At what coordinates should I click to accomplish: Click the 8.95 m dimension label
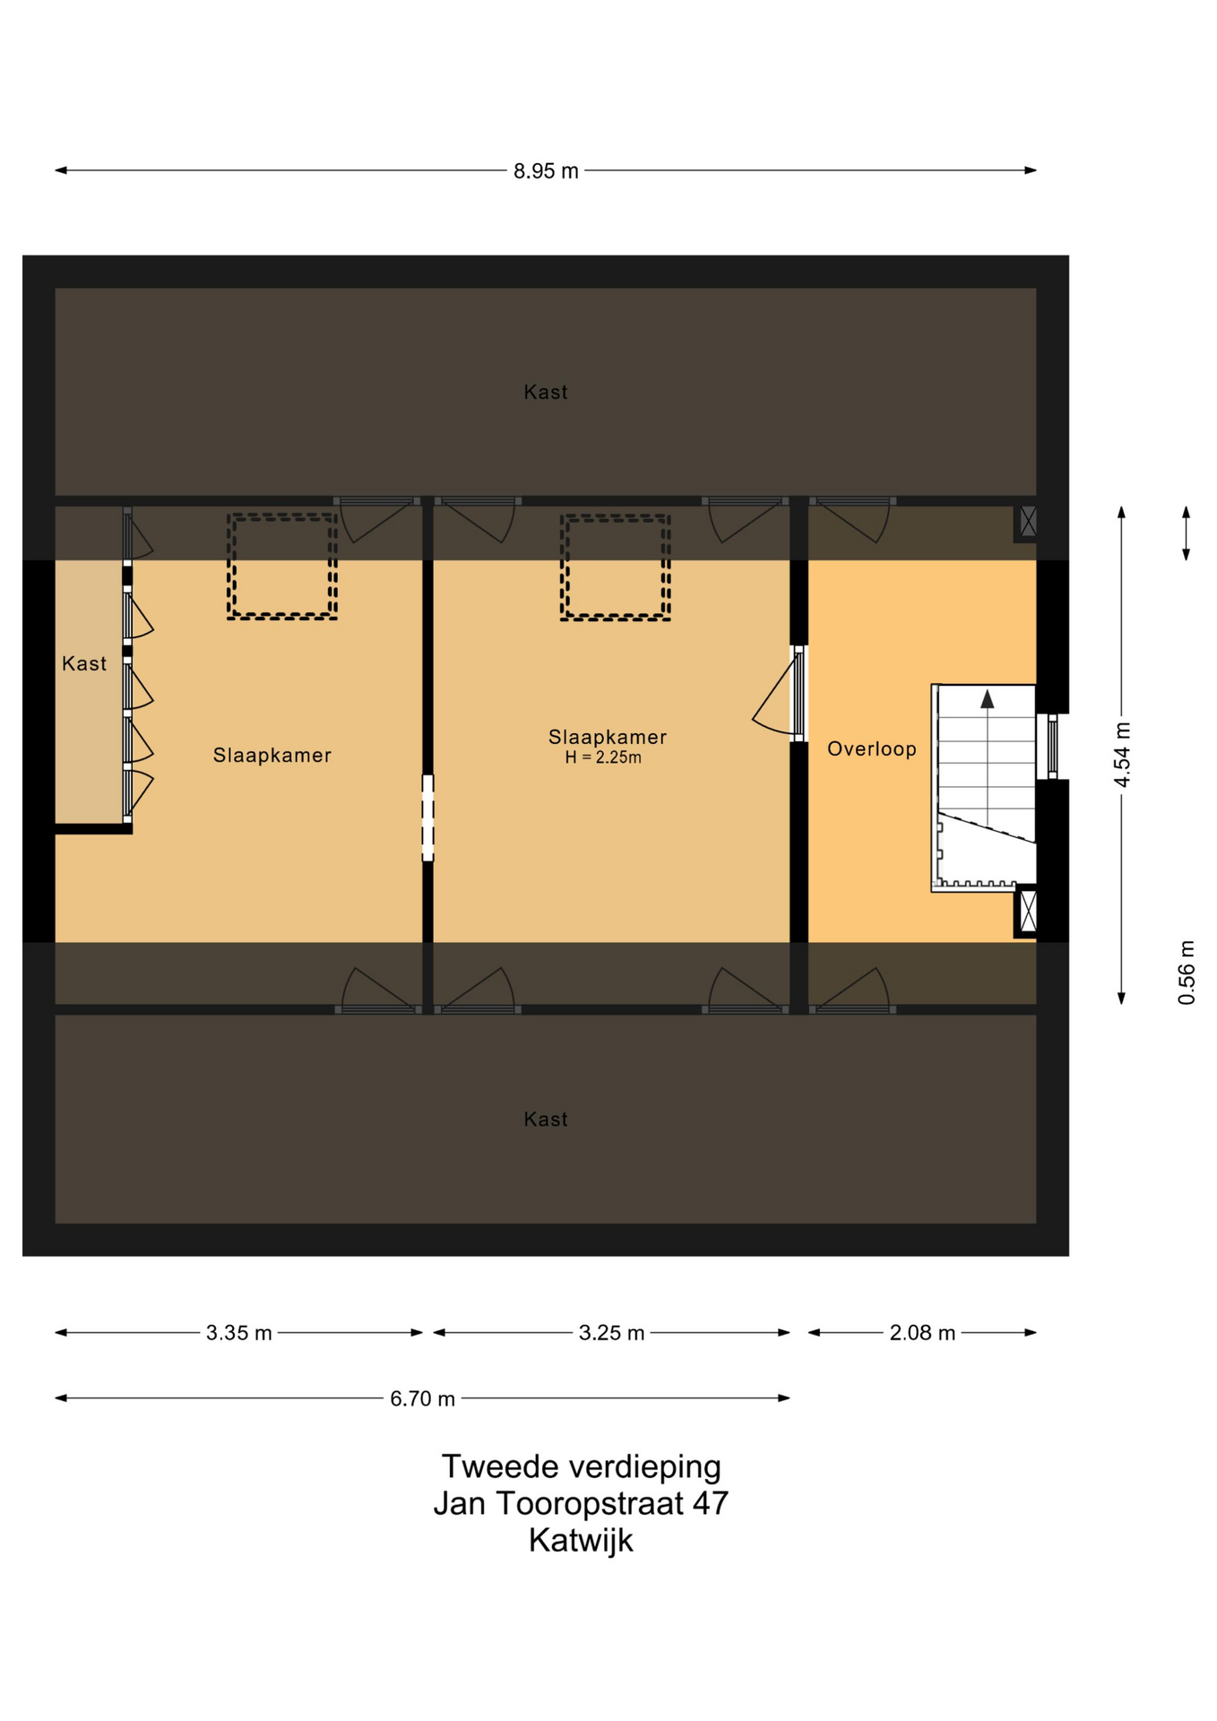tap(546, 171)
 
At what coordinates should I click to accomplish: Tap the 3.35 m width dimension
tap(238, 1333)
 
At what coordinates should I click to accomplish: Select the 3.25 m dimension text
tap(611, 1333)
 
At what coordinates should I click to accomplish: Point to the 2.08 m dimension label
tap(922, 1333)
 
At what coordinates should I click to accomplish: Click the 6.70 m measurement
tap(422, 1398)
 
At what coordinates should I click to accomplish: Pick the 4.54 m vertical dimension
tap(1122, 755)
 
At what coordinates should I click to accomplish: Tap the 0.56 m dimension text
tap(1187, 973)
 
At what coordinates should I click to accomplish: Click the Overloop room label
tap(872, 749)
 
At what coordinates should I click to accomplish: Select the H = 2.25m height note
tap(603, 757)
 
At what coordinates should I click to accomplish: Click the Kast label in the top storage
tap(546, 392)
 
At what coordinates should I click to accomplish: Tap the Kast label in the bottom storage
tap(546, 1119)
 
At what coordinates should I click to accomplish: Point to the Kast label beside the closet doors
tap(84, 663)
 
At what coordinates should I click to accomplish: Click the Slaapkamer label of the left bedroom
tap(272, 756)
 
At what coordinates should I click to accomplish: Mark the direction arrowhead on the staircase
tap(988, 699)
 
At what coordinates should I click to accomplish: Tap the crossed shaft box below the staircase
tap(1027, 911)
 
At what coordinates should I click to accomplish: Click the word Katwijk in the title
tap(581, 1540)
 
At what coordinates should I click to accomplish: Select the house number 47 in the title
tap(711, 1503)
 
